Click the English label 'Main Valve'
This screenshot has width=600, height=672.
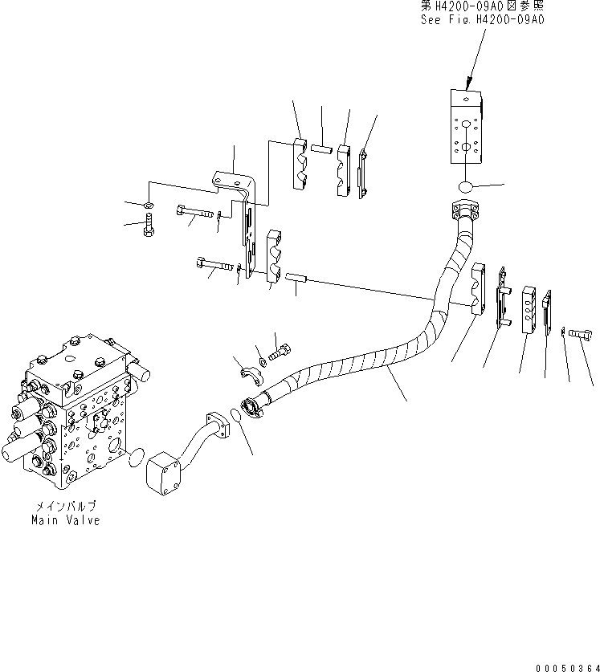tap(66, 520)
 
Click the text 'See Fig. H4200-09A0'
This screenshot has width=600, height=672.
tap(482, 20)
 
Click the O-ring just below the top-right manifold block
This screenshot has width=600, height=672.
tap(465, 187)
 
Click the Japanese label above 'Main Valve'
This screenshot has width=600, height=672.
tap(66, 507)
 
